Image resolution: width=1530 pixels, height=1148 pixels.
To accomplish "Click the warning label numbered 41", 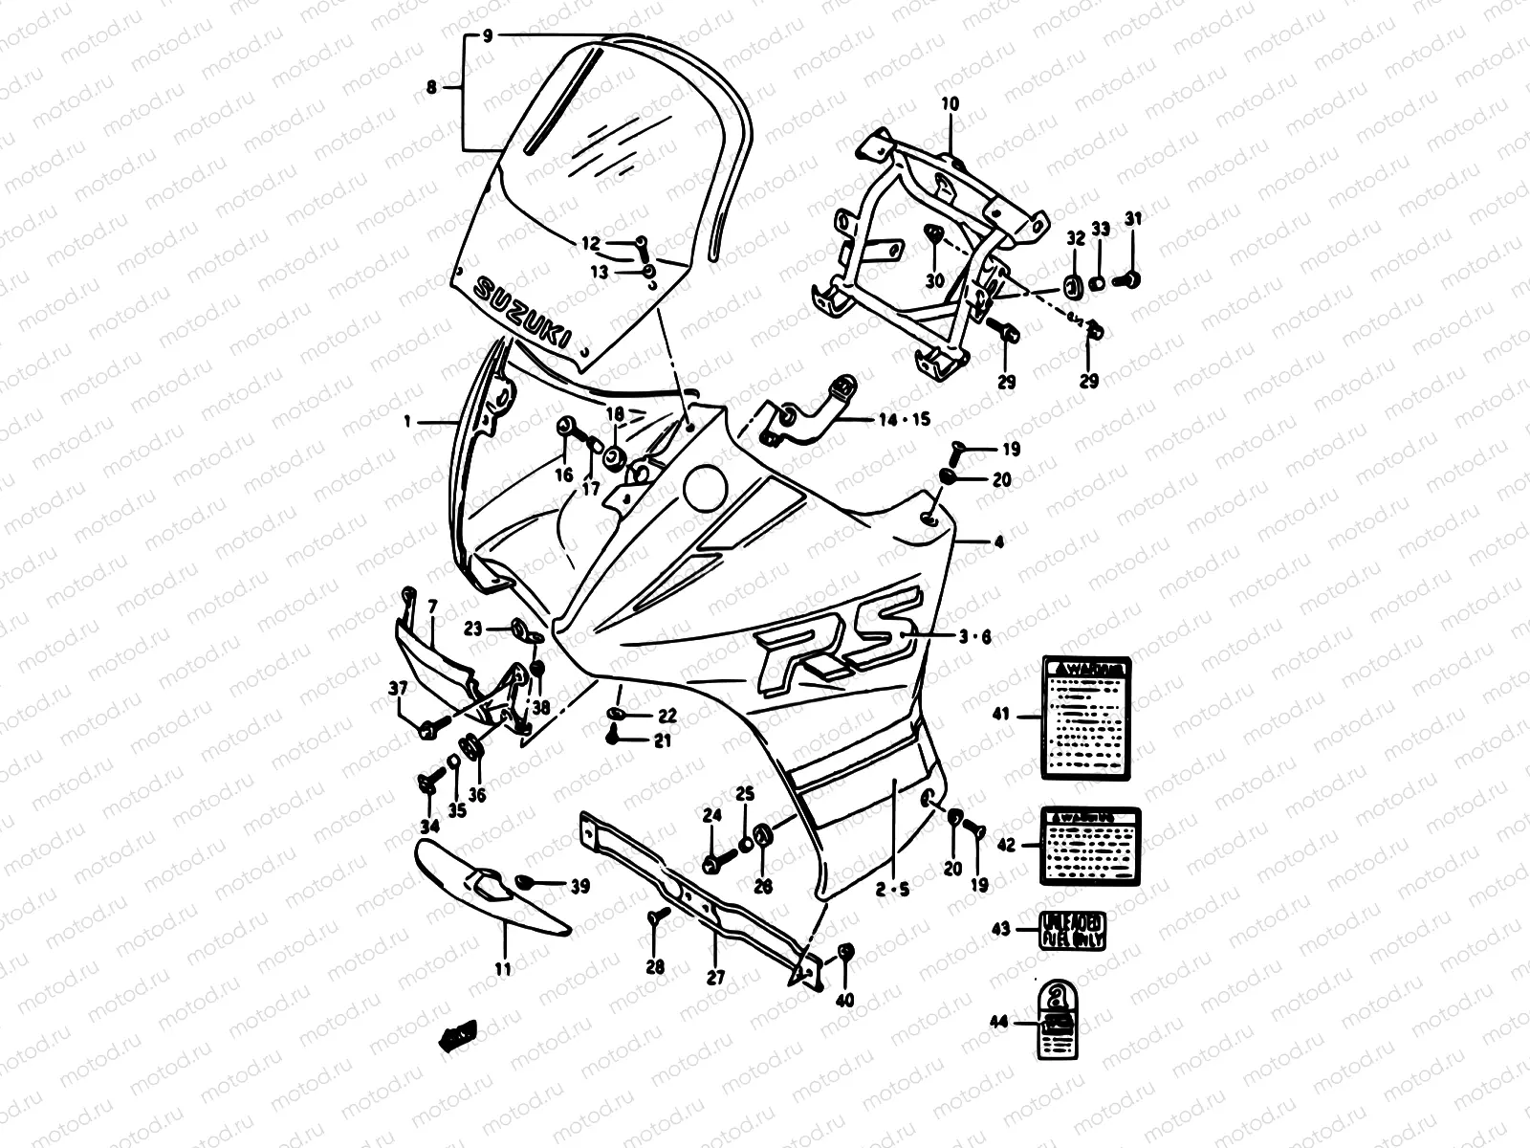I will [x=1086, y=715].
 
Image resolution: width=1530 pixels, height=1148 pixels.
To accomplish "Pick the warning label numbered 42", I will [x=1088, y=845].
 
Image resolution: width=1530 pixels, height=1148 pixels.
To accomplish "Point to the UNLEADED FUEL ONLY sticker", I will [x=1073, y=929].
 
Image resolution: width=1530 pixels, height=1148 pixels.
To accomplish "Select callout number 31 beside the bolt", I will [x=1133, y=219].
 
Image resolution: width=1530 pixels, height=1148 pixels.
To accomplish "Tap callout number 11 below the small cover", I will [x=503, y=969].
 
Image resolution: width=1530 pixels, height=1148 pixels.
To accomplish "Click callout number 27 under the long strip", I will [x=716, y=978].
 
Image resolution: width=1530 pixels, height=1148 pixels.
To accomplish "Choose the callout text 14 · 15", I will [x=907, y=419].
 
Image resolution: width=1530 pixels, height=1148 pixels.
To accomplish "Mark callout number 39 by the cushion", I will [x=579, y=888].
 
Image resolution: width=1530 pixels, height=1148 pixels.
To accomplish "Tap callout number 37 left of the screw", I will [x=397, y=688].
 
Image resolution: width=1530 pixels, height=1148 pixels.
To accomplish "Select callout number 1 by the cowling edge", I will [x=406, y=420].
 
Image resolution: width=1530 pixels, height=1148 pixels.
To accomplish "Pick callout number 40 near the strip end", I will [x=844, y=1001].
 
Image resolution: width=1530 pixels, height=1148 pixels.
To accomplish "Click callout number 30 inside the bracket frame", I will [x=934, y=280].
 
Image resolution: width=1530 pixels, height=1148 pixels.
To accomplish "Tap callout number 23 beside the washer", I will [x=474, y=629].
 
